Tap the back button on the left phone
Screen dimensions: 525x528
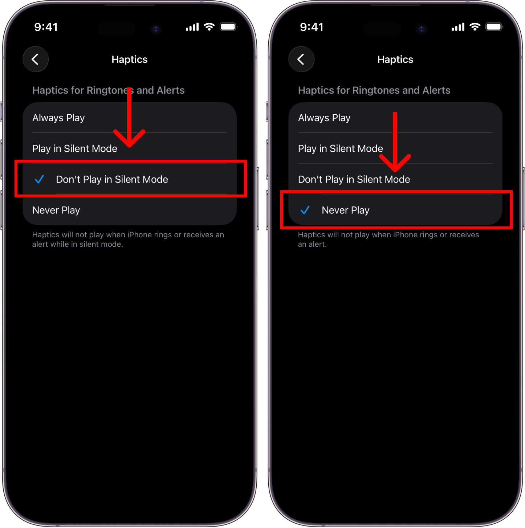pyautogui.click(x=36, y=59)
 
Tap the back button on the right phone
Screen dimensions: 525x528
pyautogui.click(x=301, y=59)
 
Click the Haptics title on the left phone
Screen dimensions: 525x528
pyautogui.click(x=129, y=60)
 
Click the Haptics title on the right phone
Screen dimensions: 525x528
pyautogui.click(x=395, y=60)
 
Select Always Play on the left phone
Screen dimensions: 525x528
pyautogui.click(x=58, y=118)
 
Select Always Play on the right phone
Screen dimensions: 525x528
pyautogui.click(x=324, y=118)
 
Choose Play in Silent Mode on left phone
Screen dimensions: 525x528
pyautogui.click(x=74, y=148)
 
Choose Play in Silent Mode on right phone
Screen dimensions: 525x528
pyautogui.click(x=340, y=148)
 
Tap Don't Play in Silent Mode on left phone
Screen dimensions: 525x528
pyautogui.click(x=112, y=180)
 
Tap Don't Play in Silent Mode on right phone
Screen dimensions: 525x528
pyautogui.click(x=354, y=180)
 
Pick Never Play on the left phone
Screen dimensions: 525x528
pyautogui.click(x=56, y=210)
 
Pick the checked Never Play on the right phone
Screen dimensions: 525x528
pyautogui.click(x=345, y=210)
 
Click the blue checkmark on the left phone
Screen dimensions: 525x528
pyautogui.click(x=39, y=179)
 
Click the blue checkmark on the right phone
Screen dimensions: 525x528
pyautogui.click(x=305, y=210)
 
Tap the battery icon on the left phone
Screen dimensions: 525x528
pyautogui.click(x=228, y=27)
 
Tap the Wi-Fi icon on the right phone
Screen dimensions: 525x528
pyautogui.click(x=475, y=27)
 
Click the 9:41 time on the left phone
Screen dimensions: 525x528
pyautogui.click(x=46, y=27)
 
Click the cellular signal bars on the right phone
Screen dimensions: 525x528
pyautogui.click(x=458, y=27)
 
